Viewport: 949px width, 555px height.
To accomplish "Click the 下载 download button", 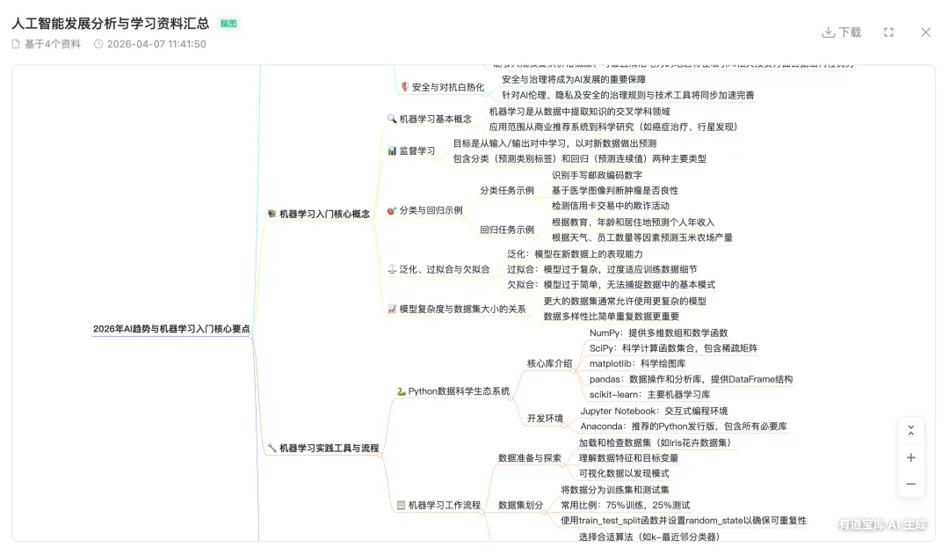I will pos(842,33).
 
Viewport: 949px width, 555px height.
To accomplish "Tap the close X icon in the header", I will pos(925,33).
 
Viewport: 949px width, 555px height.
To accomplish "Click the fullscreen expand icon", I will pos(888,33).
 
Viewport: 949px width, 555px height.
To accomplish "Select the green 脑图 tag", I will pos(228,24).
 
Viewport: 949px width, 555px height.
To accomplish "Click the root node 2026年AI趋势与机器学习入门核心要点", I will pos(171,329).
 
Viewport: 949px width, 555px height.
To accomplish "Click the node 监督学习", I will pos(417,150).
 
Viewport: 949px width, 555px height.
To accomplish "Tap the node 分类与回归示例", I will pos(431,210).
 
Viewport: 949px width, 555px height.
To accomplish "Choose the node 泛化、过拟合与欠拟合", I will pos(444,269).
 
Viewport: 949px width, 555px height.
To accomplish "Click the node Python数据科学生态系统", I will pos(459,391).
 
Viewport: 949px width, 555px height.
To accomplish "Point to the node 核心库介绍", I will pos(549,363).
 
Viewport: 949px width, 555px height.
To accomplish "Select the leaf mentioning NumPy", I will pos(658,333).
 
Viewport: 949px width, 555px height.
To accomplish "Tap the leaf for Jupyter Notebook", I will pos(654,411).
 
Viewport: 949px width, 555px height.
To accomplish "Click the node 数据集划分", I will pos(521,505).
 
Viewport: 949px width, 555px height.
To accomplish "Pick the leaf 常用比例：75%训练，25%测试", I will pos(625,505).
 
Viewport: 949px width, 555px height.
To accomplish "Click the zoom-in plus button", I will pos(910,457).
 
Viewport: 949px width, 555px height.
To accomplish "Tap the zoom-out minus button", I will pos(910,484).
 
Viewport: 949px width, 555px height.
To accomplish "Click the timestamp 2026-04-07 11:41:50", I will pos(156,44).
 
